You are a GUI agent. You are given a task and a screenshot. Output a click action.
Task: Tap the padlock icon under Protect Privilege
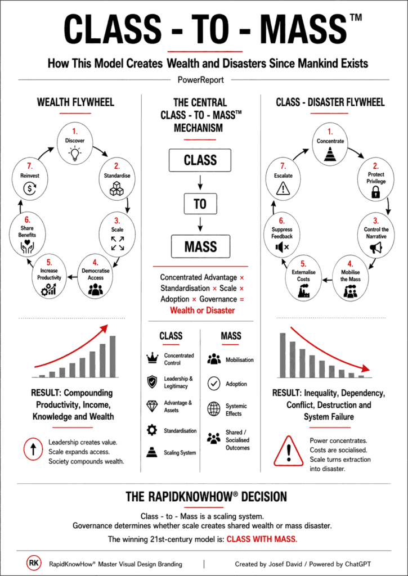tap(375, 192)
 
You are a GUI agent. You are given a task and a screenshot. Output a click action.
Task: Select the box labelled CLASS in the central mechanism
tap(200, 160)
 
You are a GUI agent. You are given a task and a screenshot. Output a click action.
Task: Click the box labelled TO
tap(200, 204)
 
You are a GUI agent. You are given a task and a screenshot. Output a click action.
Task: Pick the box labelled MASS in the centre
tap(201, 246)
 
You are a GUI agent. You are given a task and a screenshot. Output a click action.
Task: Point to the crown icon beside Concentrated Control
tap(152, 358)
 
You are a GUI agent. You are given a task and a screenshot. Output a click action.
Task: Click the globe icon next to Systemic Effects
tap(214, 409)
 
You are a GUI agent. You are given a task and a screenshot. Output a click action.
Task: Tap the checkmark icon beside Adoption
tap(214, 384)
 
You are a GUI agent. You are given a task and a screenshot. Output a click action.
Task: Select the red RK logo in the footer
tap(33, 563)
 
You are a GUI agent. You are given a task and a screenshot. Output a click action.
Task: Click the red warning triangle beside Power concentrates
tap(289, 451)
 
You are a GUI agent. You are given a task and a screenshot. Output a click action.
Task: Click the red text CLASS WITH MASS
tap(262, 539)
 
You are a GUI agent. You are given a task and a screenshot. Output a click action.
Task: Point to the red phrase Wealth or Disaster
tap(202, 310)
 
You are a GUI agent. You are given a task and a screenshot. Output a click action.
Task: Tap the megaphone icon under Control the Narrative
tap(376, 248)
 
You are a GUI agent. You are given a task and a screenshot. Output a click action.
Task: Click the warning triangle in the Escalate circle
tap(283, 189)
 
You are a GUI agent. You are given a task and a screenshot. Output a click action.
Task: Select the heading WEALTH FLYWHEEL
tap(75, 102)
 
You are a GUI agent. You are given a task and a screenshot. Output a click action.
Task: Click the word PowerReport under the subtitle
tap(201, 79)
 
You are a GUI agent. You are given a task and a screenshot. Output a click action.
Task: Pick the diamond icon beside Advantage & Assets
tap(152, 406)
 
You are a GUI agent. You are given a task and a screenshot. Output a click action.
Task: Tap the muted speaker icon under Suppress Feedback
tap(282, 248)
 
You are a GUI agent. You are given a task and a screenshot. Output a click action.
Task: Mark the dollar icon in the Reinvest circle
tap(29, 189)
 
